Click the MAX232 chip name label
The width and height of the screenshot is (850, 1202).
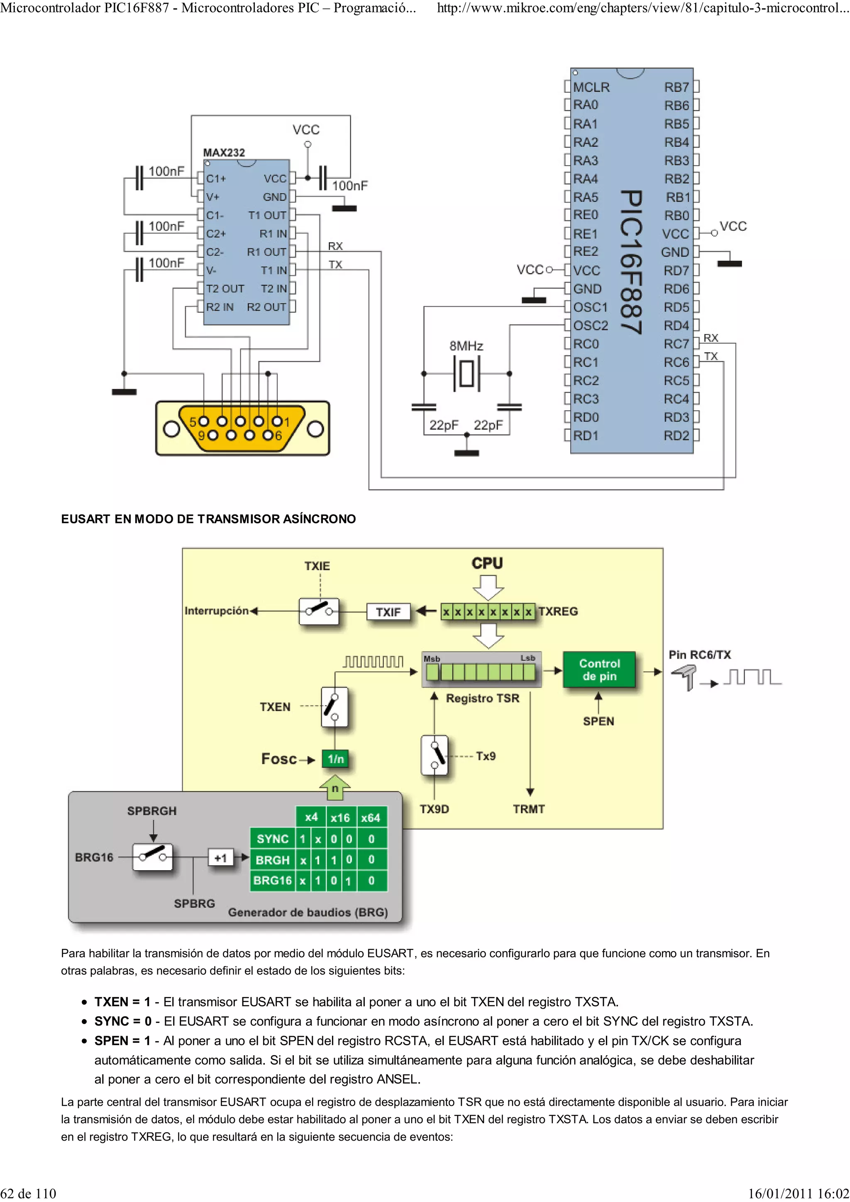tap(224, 152)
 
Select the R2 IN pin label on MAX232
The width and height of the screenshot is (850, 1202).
tap(220, 307)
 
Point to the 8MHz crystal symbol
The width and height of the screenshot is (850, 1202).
tap(466, 373)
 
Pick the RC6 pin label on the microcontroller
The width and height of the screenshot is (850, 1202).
tap(676, 362)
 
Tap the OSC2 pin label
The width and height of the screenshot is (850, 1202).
tap(590, 326)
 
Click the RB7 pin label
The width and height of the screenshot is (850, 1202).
tap(676, 87)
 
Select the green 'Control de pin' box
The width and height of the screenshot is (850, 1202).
tap(599, 669)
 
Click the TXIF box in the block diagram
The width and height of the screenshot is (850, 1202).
tap(388, 611)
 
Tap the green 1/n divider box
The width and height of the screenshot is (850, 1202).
tap(336, 759)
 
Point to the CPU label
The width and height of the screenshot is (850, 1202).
tap(487, 563)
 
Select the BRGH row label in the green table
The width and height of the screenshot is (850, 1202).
tap(272, 860)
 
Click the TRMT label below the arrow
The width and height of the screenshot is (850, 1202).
tap(529, 809)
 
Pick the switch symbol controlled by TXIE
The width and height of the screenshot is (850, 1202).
tap(319, 611)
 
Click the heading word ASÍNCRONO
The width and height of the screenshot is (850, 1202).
tap(319, 519)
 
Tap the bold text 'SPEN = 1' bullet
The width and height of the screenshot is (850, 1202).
tap(122, 1040)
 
